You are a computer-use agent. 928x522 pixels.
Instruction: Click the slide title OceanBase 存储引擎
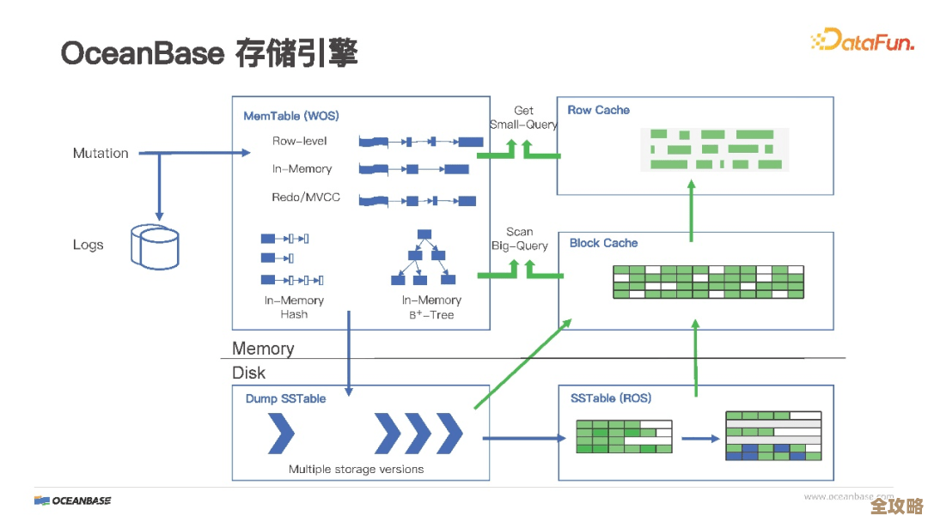209,52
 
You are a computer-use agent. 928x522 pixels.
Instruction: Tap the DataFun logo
862,39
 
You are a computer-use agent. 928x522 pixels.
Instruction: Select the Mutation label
101,153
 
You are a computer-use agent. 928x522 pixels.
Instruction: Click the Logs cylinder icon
155,246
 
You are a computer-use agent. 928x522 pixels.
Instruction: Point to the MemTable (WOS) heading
290,116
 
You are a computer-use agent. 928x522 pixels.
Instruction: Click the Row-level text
299,141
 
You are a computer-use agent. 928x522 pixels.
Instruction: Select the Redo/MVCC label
306,197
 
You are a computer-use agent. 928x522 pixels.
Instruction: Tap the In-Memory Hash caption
294,307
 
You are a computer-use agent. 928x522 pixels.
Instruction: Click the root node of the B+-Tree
424,234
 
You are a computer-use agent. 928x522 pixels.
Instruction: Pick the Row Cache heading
598,110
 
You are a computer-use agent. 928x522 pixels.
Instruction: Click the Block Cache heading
603,243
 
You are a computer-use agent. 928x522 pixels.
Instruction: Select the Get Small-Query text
523,117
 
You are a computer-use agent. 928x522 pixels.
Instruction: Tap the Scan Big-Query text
519,239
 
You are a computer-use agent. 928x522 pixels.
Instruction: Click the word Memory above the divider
263,349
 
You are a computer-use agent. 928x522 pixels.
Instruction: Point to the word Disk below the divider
248,373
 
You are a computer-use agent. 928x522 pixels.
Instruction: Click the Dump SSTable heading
285,398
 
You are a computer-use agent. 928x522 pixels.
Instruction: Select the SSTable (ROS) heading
610,398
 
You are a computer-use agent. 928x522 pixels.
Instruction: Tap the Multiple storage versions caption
356,469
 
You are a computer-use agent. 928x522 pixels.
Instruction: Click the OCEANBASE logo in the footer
73,501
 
